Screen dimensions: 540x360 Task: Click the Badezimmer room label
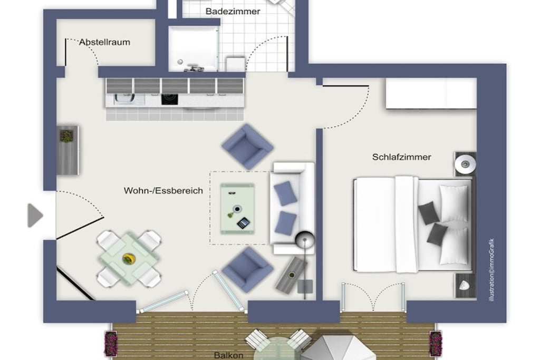[x=233, y=12]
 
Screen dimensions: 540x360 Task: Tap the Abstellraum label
[x=105, y=42]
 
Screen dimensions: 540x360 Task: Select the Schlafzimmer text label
[x=401, y=157]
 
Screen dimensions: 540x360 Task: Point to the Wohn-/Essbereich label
[x=163, y=191]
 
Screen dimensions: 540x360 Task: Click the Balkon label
[x=229, y=355]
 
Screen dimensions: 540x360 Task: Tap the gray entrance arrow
[x=35, y=216]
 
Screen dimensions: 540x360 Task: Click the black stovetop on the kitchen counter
[x=170, y=99]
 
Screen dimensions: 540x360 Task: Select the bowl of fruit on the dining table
[x=129, y=259]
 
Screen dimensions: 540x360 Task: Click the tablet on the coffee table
[x=243, y=223]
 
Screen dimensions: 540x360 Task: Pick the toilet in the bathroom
[x=236, y=64]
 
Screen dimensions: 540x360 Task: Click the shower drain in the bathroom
[x=180, y=62]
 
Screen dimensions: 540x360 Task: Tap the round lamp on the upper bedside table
[x=465, y=164]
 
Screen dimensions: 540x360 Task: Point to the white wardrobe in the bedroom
[x=431, y=93]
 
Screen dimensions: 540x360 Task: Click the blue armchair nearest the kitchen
[x=247, y=147]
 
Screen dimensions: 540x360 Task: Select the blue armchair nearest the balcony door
[x=247, y=269]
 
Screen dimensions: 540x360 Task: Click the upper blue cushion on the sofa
[x=285, y=193]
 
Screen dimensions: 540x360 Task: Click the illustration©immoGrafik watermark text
[x=492, y=270]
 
